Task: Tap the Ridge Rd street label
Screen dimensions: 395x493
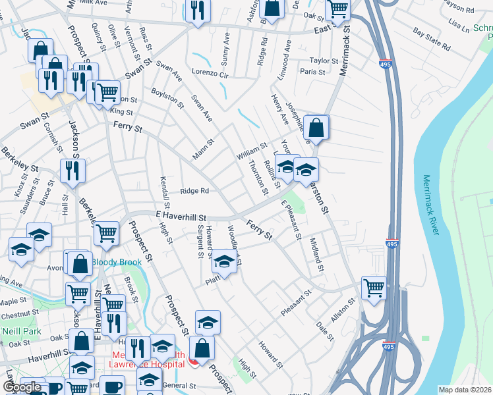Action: [195, 192]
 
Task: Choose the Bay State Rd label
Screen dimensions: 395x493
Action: [431, 39]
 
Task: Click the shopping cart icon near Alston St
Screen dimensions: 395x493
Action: [374, 287]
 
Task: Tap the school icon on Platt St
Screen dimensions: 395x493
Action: [224, 263]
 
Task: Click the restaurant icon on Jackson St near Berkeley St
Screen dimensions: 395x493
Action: [72, 171]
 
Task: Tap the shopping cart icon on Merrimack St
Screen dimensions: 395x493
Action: [337, 9]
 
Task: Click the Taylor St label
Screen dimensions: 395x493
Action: [324, 61]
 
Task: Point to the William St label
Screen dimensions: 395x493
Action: [251, 153]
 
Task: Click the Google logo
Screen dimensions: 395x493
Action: [22, 388]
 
